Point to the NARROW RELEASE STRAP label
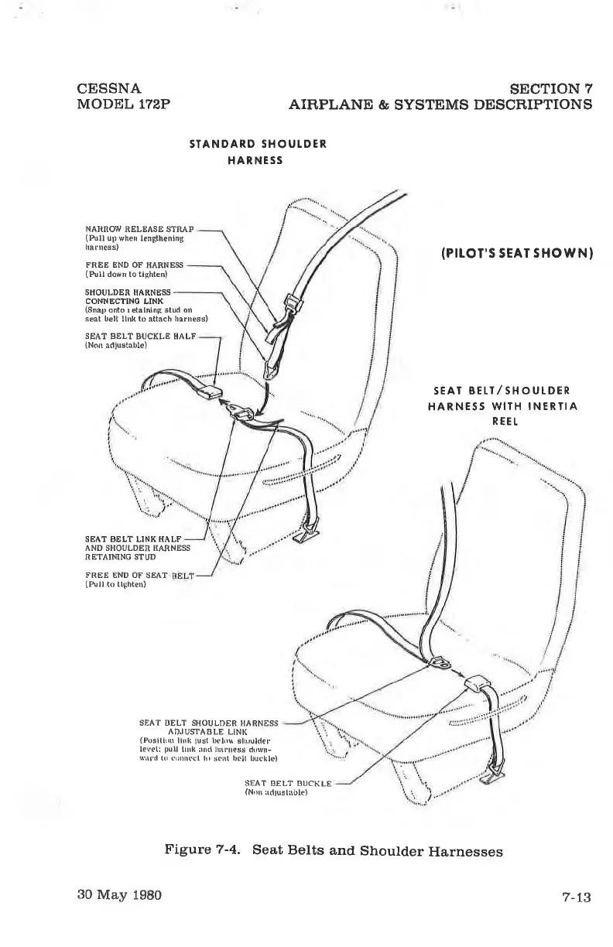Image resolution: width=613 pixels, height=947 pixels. pos(139,230)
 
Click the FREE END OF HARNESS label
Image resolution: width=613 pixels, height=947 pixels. pos(133,265)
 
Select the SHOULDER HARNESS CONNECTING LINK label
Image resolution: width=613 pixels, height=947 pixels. pos(128,296)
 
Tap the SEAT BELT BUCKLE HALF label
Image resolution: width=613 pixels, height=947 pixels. pos(140,337)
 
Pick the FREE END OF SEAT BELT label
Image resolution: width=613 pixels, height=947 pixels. pos(138,576)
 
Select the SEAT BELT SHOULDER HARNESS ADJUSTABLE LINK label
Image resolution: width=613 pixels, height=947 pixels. pos(207,727)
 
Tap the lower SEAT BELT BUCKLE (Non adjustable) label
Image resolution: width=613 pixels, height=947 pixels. pos(288,784)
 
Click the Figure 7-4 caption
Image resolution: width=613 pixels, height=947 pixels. pos(334,851)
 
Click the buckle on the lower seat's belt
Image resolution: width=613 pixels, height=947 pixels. pos(475,684)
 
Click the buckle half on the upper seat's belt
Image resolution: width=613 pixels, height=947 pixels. pos(207,391)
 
